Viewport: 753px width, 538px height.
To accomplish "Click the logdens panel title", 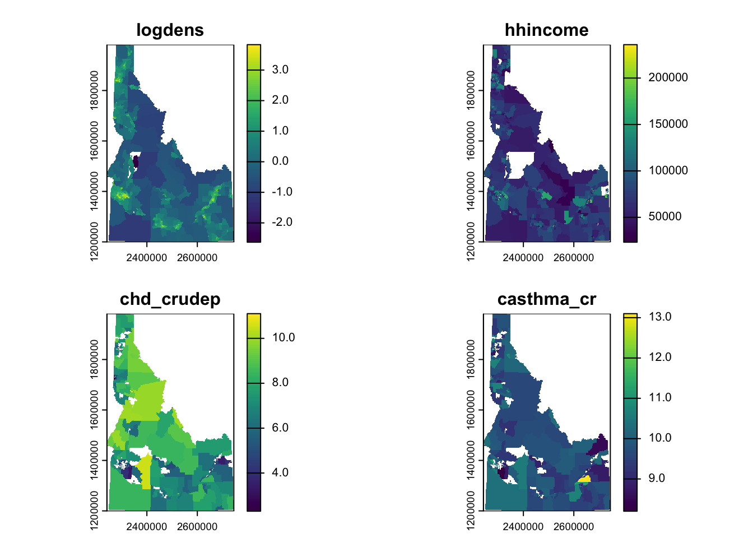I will [x=170, y=30].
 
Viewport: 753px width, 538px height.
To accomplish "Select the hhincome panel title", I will [x=546, y=30].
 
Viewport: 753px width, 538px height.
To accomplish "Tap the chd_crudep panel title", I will [x=170, y=299].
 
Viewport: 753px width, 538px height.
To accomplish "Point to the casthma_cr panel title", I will [x=546, y=299].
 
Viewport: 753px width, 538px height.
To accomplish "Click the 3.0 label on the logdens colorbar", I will [x=280, y=70].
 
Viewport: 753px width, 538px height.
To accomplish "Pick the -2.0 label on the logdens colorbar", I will [x=282, y=222].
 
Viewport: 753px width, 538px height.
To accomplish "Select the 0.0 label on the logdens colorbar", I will [x=280, y=161].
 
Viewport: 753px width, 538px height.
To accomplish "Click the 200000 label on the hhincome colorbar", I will [x=668, y=78].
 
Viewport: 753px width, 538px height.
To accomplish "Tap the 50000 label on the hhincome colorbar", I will [x=665, y=216].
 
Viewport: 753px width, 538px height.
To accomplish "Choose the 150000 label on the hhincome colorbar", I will [x=668, y=124].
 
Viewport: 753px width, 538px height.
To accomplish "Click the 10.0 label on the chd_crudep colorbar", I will [x=283, y=337].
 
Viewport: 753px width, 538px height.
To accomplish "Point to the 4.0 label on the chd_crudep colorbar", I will [x=280, y=472].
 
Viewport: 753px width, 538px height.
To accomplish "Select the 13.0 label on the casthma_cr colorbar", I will [x=660, y=317].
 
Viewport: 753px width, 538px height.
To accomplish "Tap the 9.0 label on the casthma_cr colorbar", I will [x=657, y=479].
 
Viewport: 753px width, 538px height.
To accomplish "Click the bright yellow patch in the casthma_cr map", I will [x=584, y=479].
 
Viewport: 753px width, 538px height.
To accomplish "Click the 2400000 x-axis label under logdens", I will [x=146, y=258].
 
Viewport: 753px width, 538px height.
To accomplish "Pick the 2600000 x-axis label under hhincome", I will [x=573, y=258].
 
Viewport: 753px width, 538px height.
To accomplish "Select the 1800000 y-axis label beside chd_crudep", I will [x=94, y=359].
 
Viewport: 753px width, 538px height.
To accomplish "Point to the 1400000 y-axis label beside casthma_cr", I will [x=471, y=460].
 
